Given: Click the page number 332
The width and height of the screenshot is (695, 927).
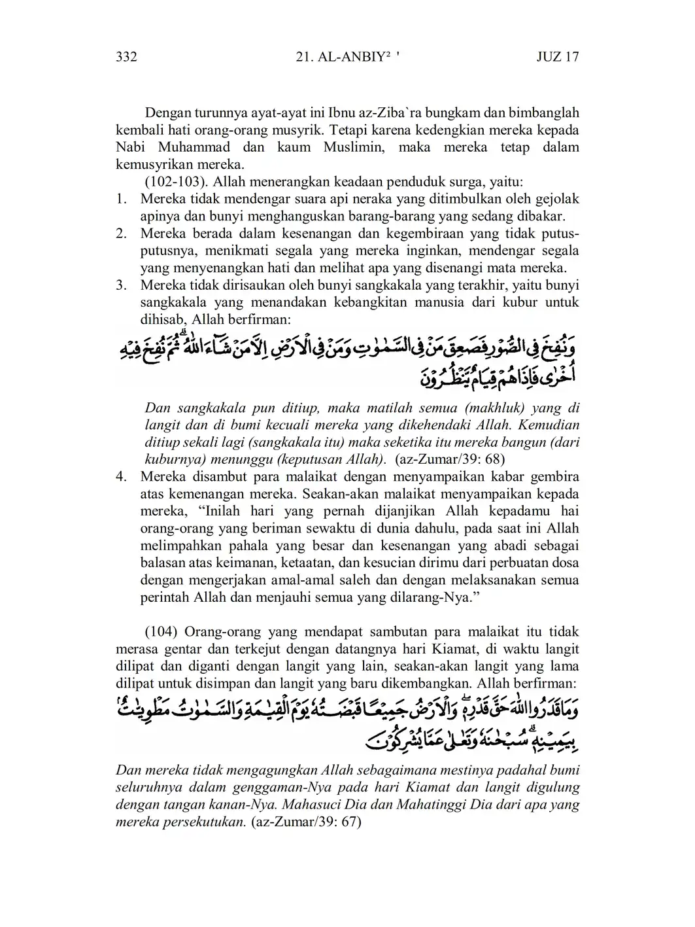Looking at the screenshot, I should (126, 57).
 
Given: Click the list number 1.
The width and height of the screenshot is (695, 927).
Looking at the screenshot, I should (121, 199).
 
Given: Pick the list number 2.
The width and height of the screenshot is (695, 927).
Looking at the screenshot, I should (121, 234).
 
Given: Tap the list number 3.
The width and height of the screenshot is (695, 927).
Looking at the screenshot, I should (121, 285).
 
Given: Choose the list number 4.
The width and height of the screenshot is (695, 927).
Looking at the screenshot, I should (121, 476).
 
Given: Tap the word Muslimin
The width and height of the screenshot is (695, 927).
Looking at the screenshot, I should (352, 147).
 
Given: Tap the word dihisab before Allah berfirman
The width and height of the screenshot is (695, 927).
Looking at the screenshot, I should (161, 320).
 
